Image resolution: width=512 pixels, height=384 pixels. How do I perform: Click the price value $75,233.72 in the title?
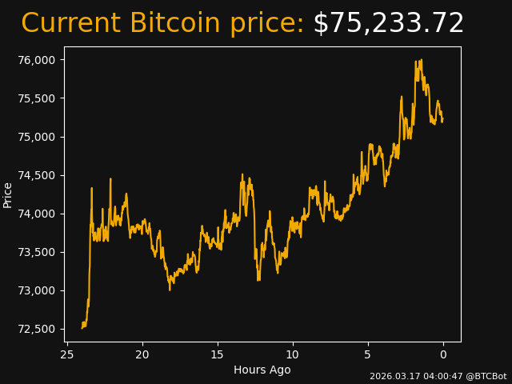[x=388, y=24]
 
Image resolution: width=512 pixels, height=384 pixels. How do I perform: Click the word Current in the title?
[x=71, y=24]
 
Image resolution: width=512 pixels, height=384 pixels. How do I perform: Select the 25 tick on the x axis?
[x=67, y=354]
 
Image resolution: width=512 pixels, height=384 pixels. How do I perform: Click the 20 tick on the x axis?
[x=142, y=354]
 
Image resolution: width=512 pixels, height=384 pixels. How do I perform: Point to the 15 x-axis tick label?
[x=218, y=354]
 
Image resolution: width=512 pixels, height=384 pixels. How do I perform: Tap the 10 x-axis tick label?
[x=293, y=354]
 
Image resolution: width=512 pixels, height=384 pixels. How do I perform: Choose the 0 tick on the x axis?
[x=443, y=354]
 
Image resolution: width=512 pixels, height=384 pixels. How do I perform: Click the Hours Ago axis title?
[x=262, y=370]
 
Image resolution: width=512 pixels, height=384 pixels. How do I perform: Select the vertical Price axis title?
[x=8, y=194]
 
